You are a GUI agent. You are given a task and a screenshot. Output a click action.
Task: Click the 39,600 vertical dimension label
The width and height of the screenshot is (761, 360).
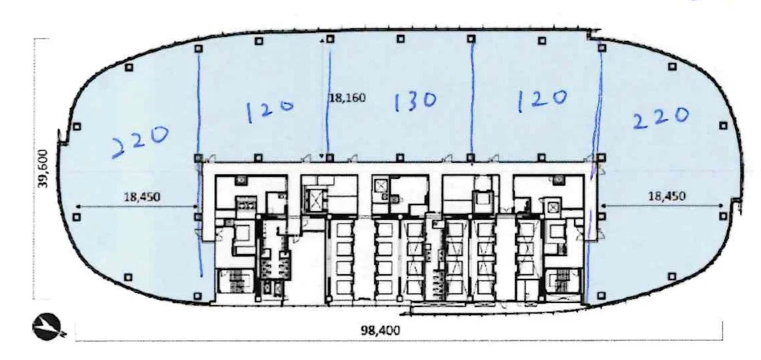tap(42, 169)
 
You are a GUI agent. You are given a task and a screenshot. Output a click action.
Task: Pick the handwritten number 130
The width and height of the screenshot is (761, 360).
tap(415, 101)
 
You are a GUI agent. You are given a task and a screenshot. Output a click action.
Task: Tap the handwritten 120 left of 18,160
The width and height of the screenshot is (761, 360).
tap(270, 109)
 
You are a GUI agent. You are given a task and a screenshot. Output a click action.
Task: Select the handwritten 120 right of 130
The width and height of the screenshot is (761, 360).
tap(542, 99)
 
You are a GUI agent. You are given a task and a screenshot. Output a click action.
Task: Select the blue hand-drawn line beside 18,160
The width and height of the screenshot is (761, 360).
tap(329, 101)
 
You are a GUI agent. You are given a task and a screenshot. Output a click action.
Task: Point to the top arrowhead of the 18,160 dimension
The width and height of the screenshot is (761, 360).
tap(323, 42)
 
